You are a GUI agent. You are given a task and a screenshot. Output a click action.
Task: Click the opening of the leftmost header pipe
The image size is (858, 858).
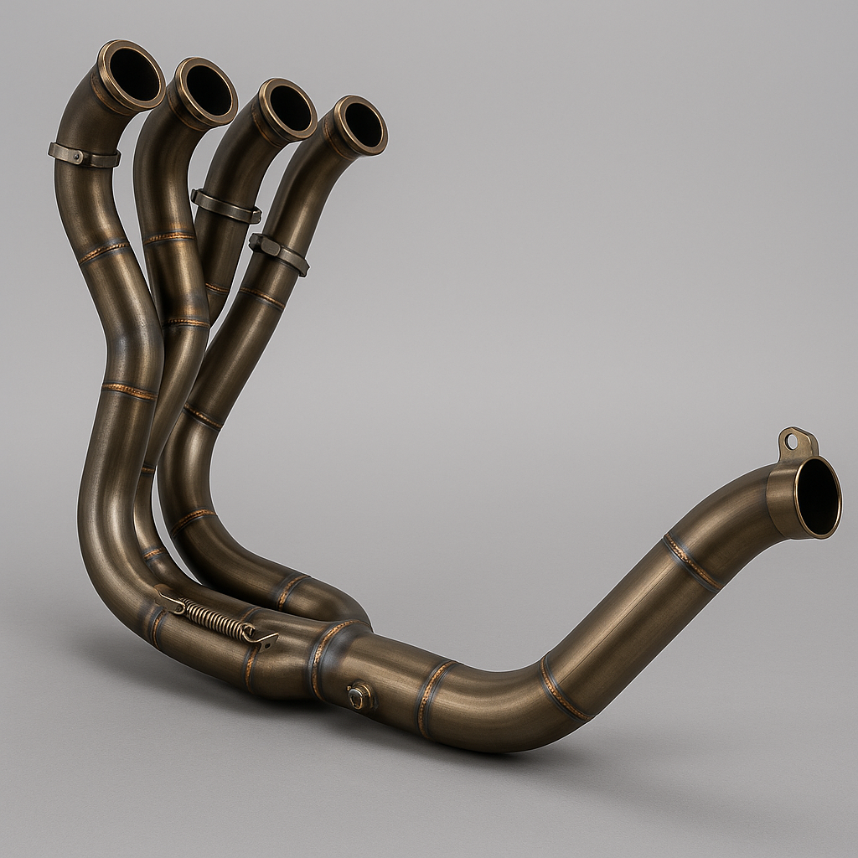134,73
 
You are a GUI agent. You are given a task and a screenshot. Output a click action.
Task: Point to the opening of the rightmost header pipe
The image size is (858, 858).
363,125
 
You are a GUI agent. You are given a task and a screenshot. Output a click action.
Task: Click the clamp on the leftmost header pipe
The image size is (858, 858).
84,155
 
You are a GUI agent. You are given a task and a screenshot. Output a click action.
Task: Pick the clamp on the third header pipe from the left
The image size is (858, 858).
225,207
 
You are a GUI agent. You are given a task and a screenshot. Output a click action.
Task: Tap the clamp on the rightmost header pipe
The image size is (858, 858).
279,254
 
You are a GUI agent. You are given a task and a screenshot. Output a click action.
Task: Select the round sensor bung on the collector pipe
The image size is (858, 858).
360,696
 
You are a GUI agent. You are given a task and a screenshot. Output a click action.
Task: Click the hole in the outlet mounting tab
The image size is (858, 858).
792,441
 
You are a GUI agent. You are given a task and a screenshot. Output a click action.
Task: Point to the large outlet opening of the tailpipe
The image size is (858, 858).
817,496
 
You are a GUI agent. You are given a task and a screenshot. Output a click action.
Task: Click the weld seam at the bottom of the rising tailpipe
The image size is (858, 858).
564,690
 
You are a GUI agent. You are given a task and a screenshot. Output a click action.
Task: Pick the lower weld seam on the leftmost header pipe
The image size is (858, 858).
129,391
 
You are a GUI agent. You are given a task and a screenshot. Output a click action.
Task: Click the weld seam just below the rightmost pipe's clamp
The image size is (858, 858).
261,296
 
